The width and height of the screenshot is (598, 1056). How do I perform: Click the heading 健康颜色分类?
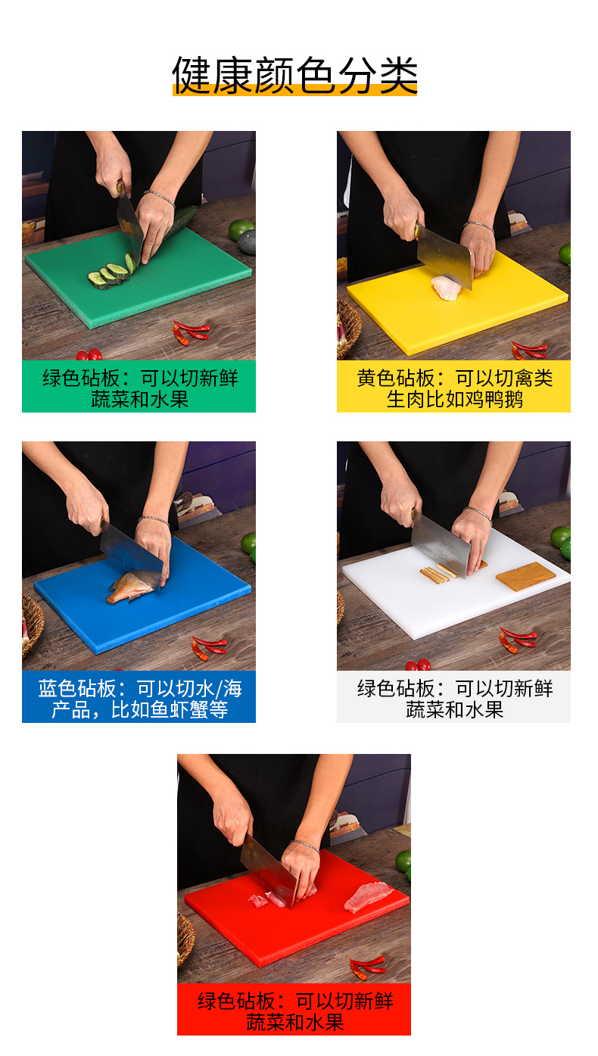coord(294,74)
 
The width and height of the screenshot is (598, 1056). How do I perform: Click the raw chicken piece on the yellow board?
coord(445,288)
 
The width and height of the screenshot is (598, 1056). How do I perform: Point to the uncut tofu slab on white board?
coord(525,576)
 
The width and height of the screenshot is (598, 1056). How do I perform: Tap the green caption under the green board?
coord(139,388)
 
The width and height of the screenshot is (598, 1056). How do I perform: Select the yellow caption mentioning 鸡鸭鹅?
coord(453,388)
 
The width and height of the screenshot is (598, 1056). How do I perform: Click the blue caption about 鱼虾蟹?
coord(139,698)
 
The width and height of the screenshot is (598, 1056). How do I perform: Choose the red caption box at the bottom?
coord(294,1011)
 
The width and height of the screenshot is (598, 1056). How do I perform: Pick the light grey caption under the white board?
coord(453,698)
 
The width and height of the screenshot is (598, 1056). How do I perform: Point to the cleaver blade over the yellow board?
coord(445,256)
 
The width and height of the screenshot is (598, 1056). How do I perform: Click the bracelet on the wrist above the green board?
coord(159,195)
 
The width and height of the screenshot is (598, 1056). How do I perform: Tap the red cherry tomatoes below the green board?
coord(88,354)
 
